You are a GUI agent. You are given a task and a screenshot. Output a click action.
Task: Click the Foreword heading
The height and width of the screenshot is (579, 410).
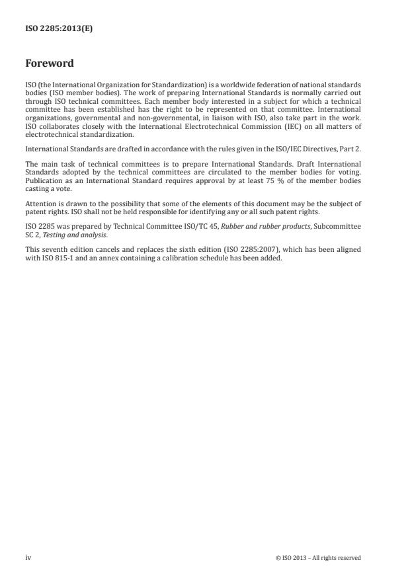pos(49,64)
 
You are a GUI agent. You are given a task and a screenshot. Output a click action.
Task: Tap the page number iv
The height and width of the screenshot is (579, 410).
pos(28,558)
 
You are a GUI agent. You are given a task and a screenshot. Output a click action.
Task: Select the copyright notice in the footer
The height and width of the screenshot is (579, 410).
pos(318,558)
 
